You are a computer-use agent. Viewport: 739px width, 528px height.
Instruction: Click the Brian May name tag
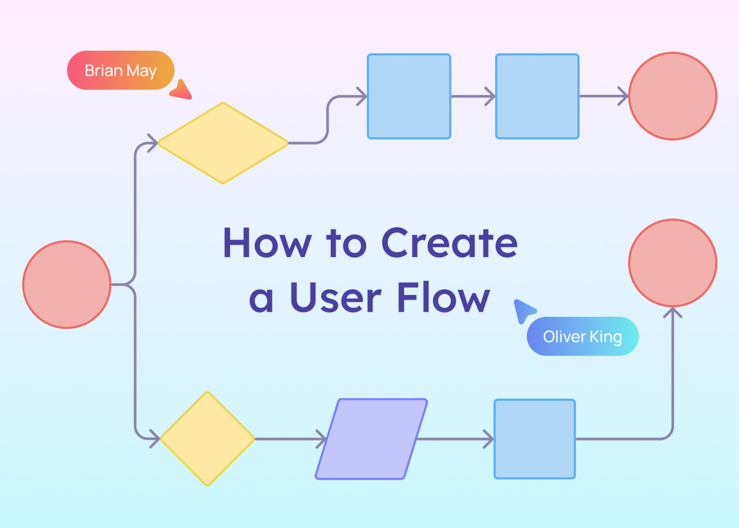(120, 70)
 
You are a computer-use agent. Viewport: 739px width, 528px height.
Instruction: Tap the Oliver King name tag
(582, 336)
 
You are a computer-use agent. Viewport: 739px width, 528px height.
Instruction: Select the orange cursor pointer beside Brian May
(182, 91)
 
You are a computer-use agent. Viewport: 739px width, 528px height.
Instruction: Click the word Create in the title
(449, 243)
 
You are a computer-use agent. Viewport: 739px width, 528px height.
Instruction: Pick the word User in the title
(335, 297)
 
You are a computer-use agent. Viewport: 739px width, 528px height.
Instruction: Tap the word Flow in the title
(443, 297)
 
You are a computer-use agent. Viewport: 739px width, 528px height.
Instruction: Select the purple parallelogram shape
(371, 439)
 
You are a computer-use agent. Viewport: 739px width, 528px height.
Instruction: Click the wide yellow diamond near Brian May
(223, 143)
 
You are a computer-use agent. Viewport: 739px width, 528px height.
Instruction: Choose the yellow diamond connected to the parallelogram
(207, 439)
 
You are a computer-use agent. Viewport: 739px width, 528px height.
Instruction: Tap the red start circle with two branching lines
(67, 284)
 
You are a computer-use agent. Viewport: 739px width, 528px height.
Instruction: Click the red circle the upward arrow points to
(673, 263)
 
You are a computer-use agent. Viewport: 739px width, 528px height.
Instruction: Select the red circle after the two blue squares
(673, 96)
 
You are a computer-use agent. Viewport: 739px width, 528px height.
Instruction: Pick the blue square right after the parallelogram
(535, 439)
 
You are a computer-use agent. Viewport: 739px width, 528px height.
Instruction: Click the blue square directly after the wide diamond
(409, 96)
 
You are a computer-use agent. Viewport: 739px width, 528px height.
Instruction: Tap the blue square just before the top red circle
(537, 96)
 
